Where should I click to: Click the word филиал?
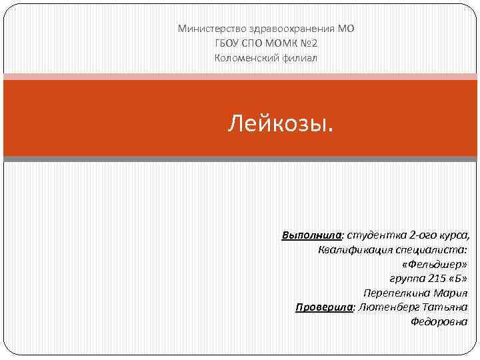[301, 58]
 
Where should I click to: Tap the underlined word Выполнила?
[311, 235]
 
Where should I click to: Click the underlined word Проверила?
[324, 307]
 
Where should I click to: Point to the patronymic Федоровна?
[439, 322]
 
